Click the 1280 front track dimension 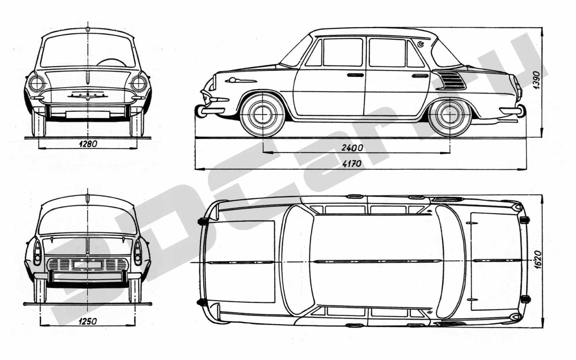pyautogui.click(x=88, y=144)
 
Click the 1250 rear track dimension pyautogui.click(x=88, y=321)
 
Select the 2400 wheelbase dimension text pyautogui.click(x=352, y=148)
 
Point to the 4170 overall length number pyautogui.click(x=352, y=163)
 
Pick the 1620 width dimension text pyautogui.click(x=537, y=260)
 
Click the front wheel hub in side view pyautogui.click(x=262, y=115)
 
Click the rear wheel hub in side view pyautogui.click(x=450, y=115)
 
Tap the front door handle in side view pyautogui.click(x=355, y=75)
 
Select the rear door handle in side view pyautogui.click(x=420, y=76)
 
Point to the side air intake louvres pyautogui.click(x=453, y=80)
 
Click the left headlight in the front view pyautogui.click(x=36, y=84)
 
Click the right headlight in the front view pyautogui.click(x=139, y=84)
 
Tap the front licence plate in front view pyautogui.click(x=88, y=114)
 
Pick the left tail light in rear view pyautogui.click(x=37, y=252)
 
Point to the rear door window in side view pyautogui.click(x=387, y=53)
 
